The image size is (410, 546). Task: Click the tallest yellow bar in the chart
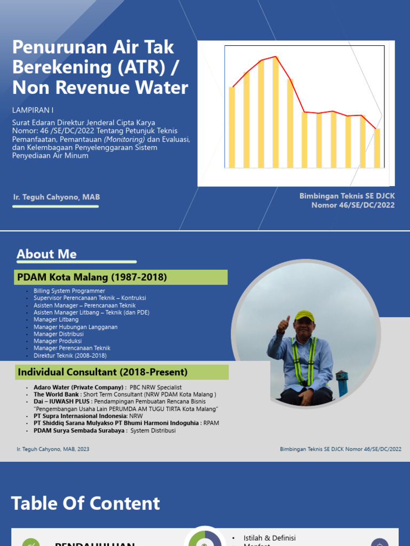click(275, 112)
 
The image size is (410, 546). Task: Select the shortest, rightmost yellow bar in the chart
click(377, 148)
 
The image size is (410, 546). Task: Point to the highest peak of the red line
click(275, 57)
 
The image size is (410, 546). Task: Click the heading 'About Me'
click(46, 254)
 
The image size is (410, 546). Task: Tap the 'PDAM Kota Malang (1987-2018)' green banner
click(121, 277)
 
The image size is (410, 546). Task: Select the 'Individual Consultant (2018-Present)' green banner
click(121, 372)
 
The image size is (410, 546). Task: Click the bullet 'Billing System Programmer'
click(69, 291)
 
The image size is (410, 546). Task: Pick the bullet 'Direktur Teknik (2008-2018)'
click(70, 356)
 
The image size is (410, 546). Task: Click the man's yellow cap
click(304, 315)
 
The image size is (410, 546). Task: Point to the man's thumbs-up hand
click(282, 325)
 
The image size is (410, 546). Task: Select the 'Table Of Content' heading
click(85, 503)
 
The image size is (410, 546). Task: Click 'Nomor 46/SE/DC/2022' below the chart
click(353, 205)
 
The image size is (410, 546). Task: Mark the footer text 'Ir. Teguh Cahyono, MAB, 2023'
click(53, 449)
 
